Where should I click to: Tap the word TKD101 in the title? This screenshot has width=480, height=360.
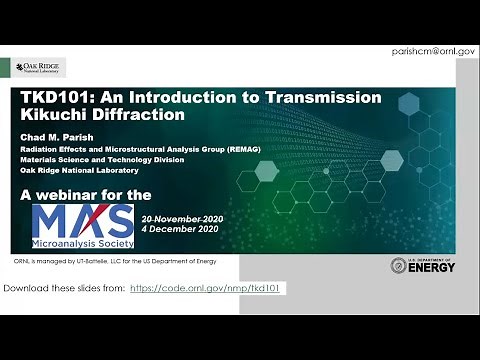pos(53,98)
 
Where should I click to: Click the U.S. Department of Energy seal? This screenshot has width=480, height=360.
pos(398,265)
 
